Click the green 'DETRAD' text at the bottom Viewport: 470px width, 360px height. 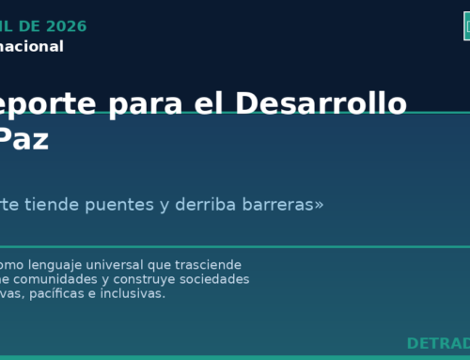(x=438, y=343)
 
